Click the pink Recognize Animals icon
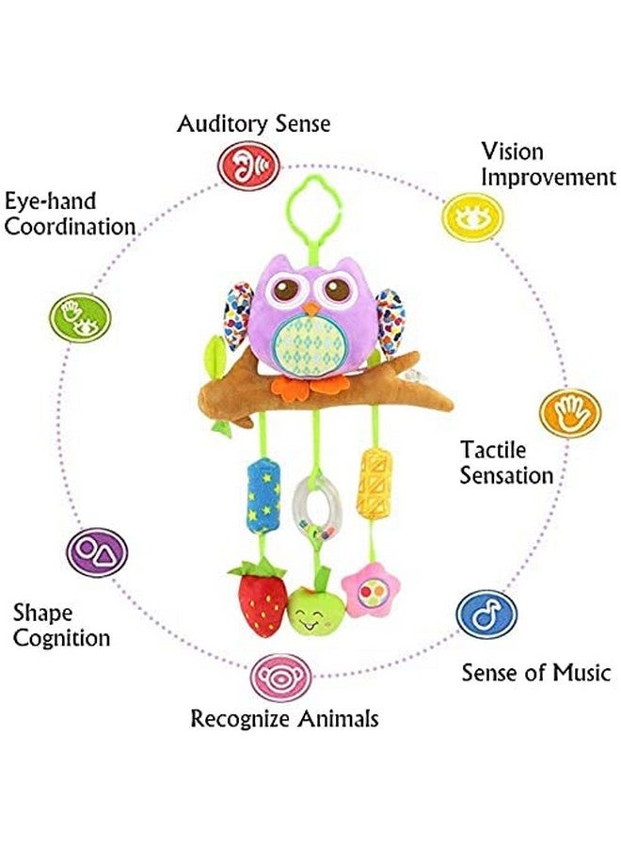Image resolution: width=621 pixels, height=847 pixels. pos(279,677)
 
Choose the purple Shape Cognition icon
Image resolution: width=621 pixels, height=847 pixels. pos(96,551)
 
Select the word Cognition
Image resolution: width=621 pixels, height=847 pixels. pos(61,638)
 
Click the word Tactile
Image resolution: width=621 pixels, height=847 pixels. pos(493,450)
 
